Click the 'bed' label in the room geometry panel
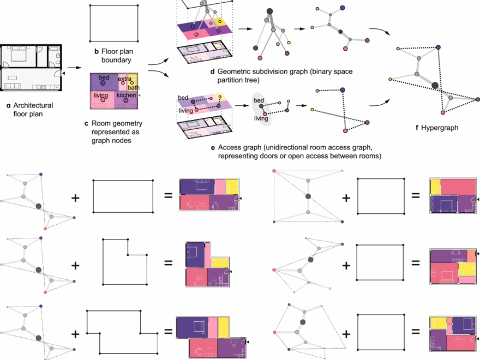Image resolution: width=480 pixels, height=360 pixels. click(x=104, y=78)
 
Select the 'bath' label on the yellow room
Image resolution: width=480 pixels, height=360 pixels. click(x=133, y=87)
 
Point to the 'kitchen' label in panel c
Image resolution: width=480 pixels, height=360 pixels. click(x=126, y=95)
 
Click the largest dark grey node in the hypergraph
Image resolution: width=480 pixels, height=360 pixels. click(x=434, y=85)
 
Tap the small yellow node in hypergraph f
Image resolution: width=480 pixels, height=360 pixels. click(x=390, y=79)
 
